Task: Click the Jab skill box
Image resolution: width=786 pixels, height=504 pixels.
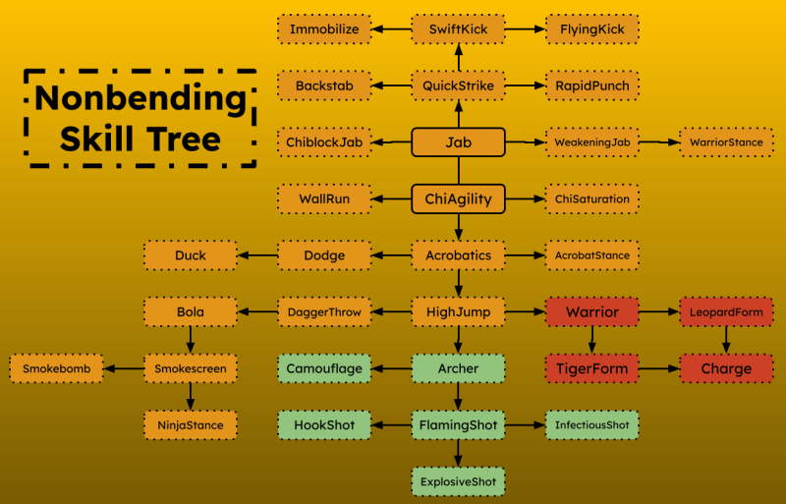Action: [x=458, y=142]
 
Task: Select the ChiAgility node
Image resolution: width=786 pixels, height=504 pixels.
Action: [x=458, y=199]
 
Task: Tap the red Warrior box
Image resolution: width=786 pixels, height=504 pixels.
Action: [x=592, y=311]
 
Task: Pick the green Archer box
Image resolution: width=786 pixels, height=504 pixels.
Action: [x=458, y=368]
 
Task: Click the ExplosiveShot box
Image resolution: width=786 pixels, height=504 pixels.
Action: [x=458, y=482]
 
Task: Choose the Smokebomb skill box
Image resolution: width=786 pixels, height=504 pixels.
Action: [x=56, y=368]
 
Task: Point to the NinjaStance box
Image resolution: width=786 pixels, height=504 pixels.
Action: [x=191, y=425]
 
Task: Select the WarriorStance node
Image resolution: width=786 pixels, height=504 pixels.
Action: [x=726, y=142]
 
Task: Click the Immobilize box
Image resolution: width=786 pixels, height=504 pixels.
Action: [x=324, y=29]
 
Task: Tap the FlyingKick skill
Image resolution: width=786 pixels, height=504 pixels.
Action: [x=592, y=29]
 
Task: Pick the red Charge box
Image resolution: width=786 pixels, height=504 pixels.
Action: [x=726, y=368]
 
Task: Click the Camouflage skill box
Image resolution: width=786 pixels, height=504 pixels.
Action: [x=324, y=368]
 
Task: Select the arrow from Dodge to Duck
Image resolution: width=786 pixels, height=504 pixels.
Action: [x=257, y=255]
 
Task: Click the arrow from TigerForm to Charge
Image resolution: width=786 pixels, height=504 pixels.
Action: [x=659, y=368]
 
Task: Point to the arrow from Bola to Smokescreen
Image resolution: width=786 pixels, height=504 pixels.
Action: [x=191, y=341]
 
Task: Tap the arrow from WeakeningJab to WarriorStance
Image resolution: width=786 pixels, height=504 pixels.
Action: [x=659, y=142]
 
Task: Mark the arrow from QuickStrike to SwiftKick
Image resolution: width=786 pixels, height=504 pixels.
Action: [x=458, y=58]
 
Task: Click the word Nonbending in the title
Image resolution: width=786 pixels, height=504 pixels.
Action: [x=140, y=97]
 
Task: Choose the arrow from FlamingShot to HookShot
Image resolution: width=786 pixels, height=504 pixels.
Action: [x=391, y=425]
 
